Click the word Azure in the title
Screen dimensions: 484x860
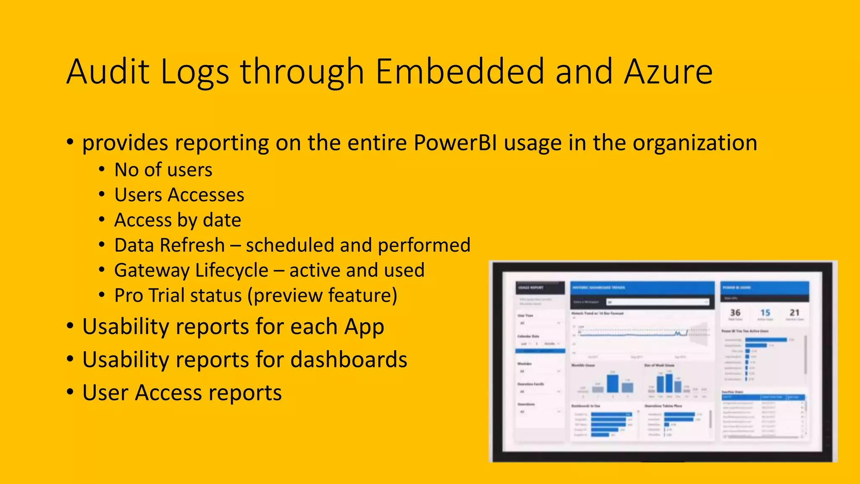click(x=668, y=71)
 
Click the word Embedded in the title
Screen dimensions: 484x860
click(x=460, y=71)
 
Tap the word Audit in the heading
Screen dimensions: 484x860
click(x=108, y=71)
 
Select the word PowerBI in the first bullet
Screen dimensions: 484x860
click(x=455, y=143)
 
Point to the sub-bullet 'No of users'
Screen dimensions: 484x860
click(x=163, y=170)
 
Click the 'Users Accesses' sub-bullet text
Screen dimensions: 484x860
click(x=179, y=195)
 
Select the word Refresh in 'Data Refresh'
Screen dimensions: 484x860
click(x=197, y=245)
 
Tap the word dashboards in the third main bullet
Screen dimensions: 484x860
click(x=349, y=360)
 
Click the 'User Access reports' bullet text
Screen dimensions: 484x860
click(x=182, y=393)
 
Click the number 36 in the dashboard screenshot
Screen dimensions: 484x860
click(x=735, y=313)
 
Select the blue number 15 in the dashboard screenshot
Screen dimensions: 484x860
click(x=765, y=313)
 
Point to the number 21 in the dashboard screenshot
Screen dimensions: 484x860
click(x=794, y=313)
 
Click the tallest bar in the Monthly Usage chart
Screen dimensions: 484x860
click(x=613, y=383)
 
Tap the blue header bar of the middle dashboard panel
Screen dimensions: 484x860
click(x=642, y=288)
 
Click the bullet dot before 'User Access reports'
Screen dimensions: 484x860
click(x=70, y=392)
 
